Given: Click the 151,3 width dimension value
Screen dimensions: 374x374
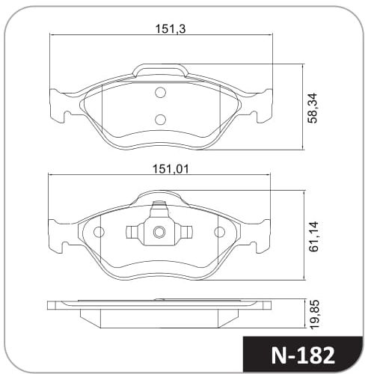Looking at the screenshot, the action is pyautogui.click(x=171, y=29).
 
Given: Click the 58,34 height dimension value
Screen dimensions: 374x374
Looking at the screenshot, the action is pyautogui.click(x=313, y=108).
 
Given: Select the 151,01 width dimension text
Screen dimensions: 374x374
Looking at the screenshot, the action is pyautogui.click(x=171, y=169).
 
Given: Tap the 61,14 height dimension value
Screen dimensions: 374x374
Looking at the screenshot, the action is pyautogui.click(x=313, y=236).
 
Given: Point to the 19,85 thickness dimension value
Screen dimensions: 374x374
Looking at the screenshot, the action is pyautogui.click(x=314, y=314).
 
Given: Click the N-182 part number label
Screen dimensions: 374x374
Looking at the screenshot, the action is pyautogui.click(x=303, y=355).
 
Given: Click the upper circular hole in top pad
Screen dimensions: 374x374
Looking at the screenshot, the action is pyautogui.click(x=160, y=93).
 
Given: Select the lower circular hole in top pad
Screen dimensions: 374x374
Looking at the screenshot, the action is pyautogui.click(x=160, y=120).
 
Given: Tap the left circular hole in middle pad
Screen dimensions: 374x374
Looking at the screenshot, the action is pyautogui.click(x=99, y=232).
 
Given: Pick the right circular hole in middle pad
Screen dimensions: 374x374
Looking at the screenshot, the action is pyautogui.click(x=219, y=232).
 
